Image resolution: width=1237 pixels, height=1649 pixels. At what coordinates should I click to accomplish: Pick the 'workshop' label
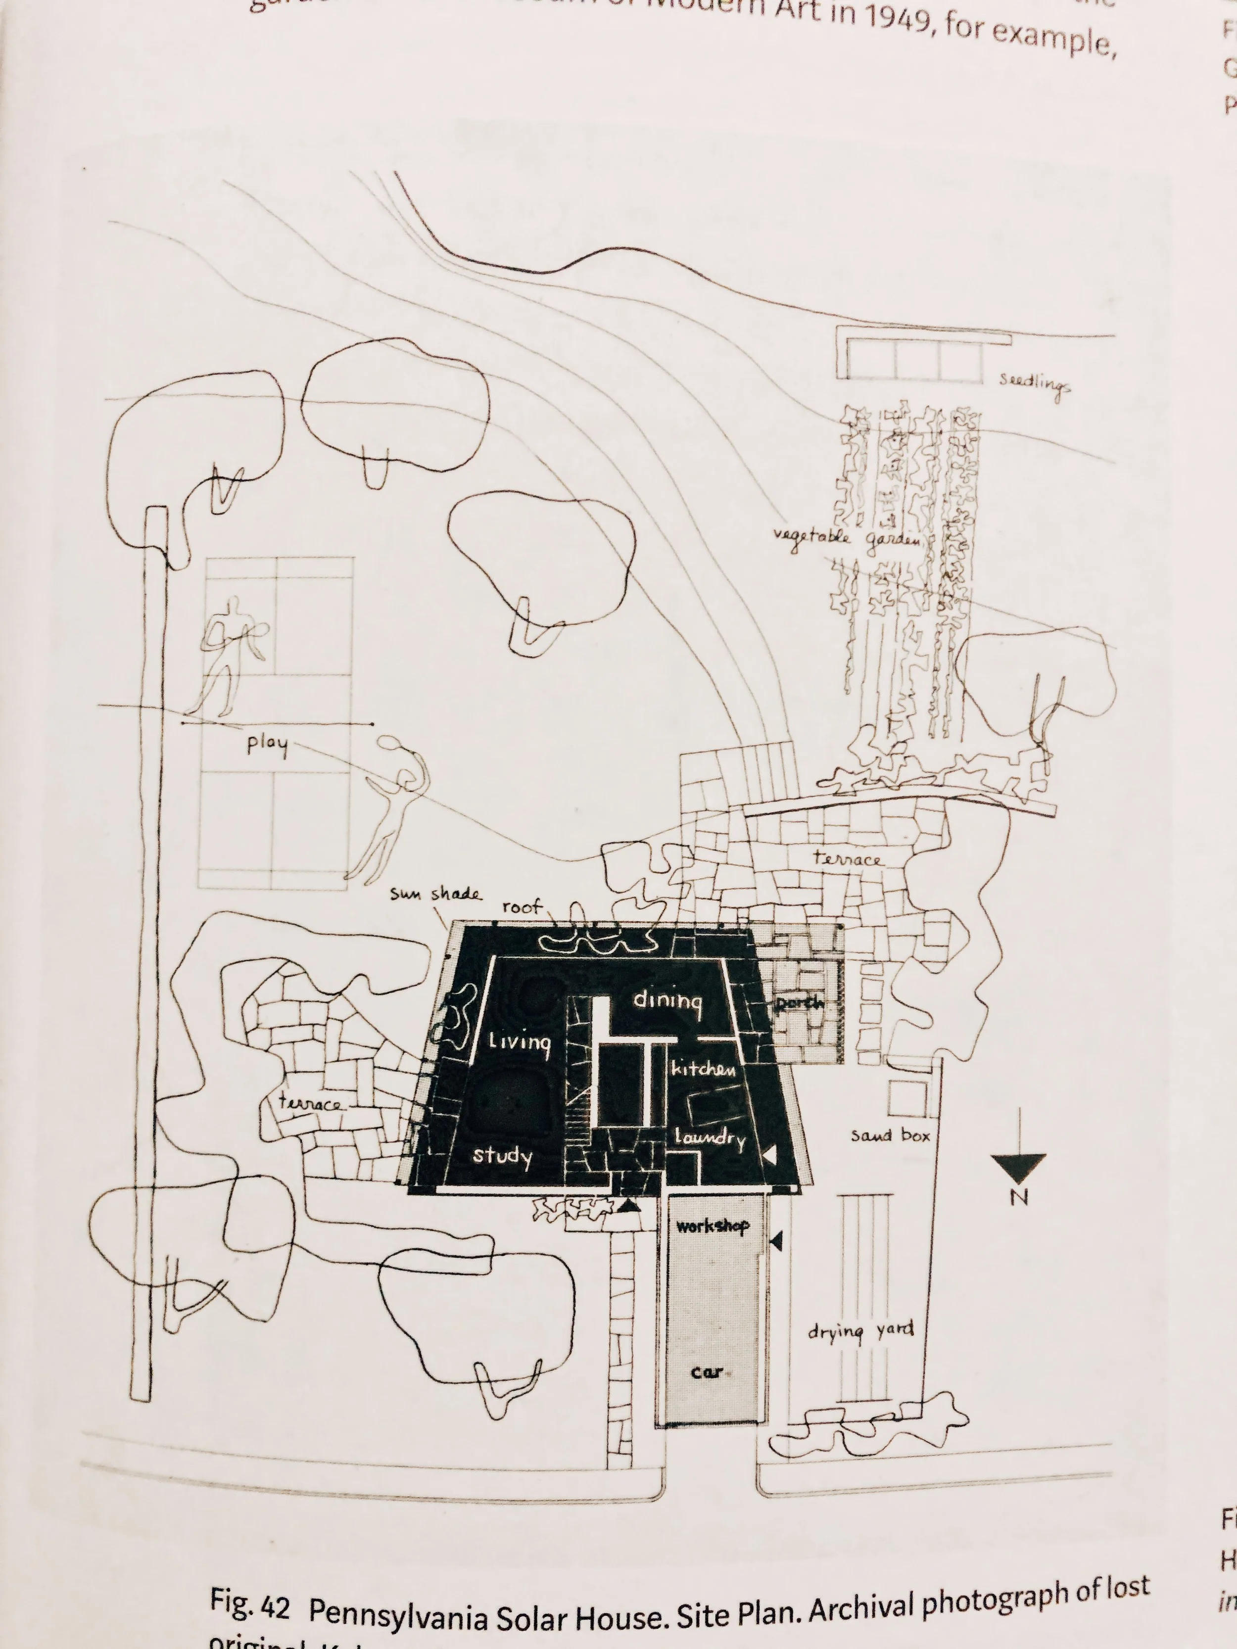click(x=712, y=1225)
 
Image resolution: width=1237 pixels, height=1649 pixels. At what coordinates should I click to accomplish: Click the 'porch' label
click(x=799, y=1003)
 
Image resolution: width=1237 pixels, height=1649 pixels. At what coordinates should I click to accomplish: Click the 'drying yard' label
click(x=860, y=1331)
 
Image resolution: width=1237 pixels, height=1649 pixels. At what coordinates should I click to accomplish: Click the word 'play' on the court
click(x=267, y=744)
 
